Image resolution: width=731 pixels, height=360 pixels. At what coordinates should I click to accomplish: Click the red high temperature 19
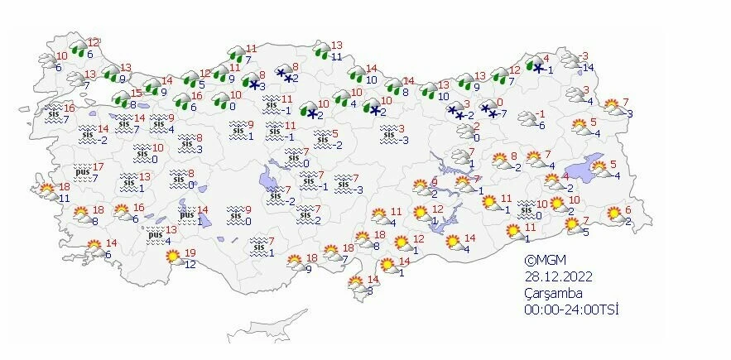pyautogui.click(x=190, y=253)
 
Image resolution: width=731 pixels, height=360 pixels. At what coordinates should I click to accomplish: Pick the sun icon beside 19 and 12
pyautogui.click(x=174, y=258)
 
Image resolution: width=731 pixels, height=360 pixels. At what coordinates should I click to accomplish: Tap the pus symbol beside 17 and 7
pyautogui.click(x=82, y=172)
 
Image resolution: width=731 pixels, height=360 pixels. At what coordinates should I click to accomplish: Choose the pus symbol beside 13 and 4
pyautogui.click(x=155, y=235)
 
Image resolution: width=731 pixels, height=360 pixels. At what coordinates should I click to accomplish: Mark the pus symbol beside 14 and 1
pyautogui.click(x=187, y=214)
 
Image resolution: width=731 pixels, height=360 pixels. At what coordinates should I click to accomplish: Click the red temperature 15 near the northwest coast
pyautogui.click(x=137, y=94)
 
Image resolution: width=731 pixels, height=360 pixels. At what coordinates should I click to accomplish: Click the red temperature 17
pyautogui.click(x=99, y=167)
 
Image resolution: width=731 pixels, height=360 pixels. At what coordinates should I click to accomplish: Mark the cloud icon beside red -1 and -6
pyautogui.click(x=525, y=118)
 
